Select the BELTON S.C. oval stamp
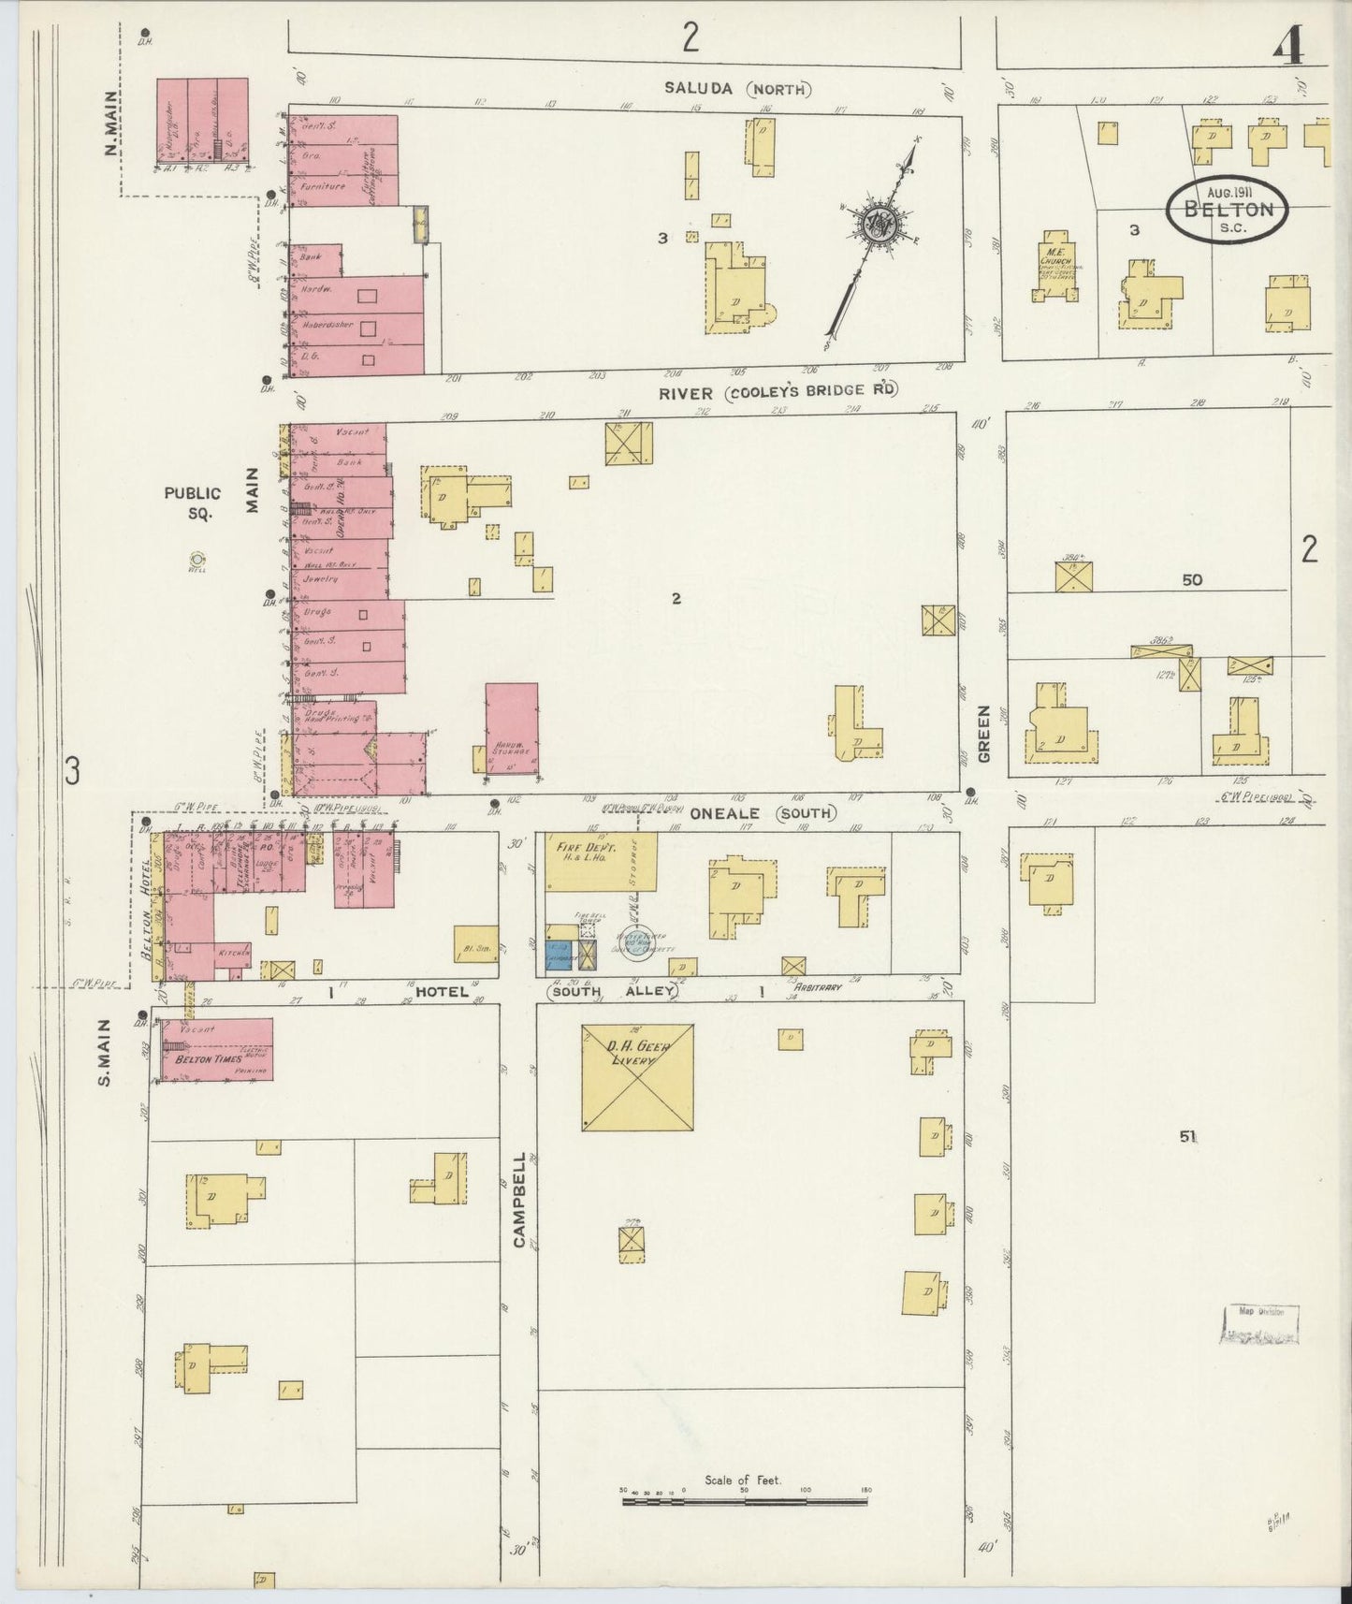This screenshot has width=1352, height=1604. tap(1227, 208)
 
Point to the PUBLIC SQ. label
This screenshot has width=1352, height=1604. tap(193, 503)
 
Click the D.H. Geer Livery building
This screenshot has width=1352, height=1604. tap(637, 1076)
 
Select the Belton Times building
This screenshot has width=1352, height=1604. tap(216, 1050)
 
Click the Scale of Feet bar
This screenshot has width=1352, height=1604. tap(746, 1528)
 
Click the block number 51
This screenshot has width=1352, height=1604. tap(1187, 1137)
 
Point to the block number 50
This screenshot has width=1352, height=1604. tap(1191, 580)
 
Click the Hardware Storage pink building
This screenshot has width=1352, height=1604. tap(512, 729)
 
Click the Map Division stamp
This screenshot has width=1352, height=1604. tap(1259, 1323)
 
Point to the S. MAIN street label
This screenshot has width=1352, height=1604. tap(105, 1052)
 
